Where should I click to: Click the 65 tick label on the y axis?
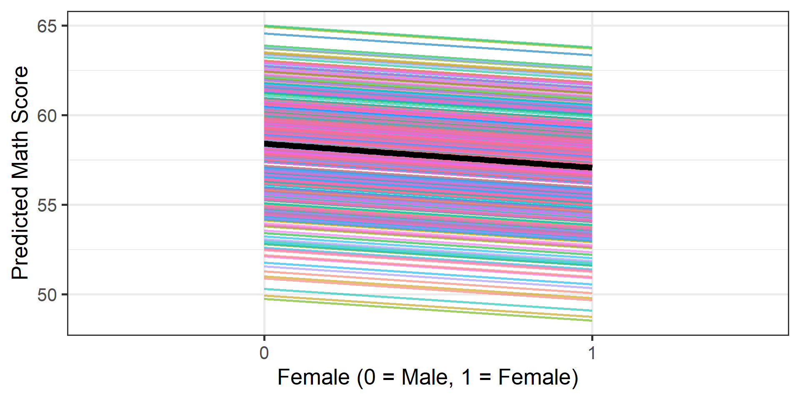tap(46, 26)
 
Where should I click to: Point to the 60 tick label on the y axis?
tap(46, 116)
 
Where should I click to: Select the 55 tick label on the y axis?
tap(46, 205)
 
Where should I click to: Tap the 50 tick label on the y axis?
tap(46, 295)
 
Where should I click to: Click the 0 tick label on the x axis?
tap(264, 353)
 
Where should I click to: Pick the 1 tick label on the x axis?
tap(592, 353)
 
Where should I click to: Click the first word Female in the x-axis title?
tap(313, 377)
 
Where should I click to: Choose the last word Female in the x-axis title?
tap(534, 377)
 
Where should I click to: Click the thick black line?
tap(428, 155)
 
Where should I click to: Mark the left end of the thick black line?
tap(265, 144)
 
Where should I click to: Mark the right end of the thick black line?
tap(591, 167)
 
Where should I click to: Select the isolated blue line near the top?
tap(428, 44)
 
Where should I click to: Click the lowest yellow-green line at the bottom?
tap(428, 310)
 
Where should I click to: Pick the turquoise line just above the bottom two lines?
tap(428, 300)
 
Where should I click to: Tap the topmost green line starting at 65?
tap(428, 37)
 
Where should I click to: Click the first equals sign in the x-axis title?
tap(388, 377)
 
